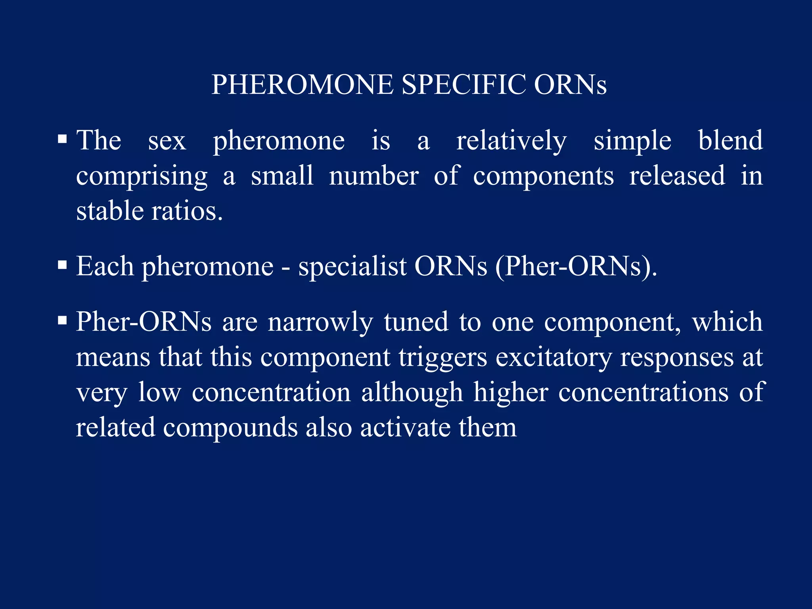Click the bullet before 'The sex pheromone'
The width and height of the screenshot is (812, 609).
tap(62, 139)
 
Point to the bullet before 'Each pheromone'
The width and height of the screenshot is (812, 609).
tap(62, 264)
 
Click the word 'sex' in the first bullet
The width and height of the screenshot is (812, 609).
tap(167, 141)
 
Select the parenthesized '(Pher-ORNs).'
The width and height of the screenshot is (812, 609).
tap(576, 266)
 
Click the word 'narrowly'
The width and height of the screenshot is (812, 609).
tap(320, 322)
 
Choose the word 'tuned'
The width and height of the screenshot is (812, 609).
tap(416, 322)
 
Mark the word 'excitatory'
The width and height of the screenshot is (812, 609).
tap(553, 358)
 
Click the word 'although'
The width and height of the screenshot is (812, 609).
tap(412, 393)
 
